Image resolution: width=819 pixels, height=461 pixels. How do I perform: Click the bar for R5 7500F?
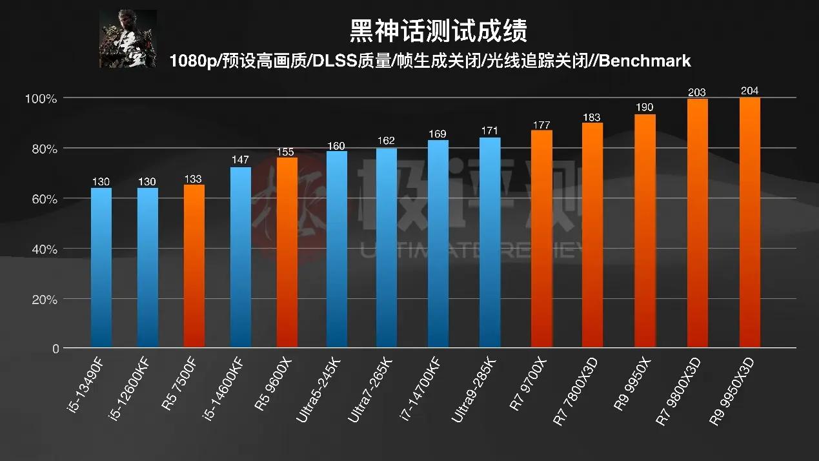pyautogui.click(x=194, y=266)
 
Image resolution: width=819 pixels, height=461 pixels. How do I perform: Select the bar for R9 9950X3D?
pyautogui.click(x=749, y=223)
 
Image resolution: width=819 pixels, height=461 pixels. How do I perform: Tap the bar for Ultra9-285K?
pyautogui.click(x=490, y=243)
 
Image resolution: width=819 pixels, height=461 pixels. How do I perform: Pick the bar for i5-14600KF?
pyautogui.click(x=241, y=257)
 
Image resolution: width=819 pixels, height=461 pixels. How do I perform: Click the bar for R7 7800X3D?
pyautogui.click(x=592, y=235)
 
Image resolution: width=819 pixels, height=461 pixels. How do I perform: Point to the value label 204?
pyautogui.click(x=749, y=91)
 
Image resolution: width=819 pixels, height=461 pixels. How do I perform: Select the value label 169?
pyautogui.click(x=438, y=134)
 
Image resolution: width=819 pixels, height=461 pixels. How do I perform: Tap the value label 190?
pyautogui.click(x=645, y=108)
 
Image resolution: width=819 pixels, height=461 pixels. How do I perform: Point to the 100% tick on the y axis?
pyautogui.click(x=41, y=99)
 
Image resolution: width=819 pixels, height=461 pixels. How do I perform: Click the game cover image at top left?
pyautogui.click(x=128, y=39)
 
